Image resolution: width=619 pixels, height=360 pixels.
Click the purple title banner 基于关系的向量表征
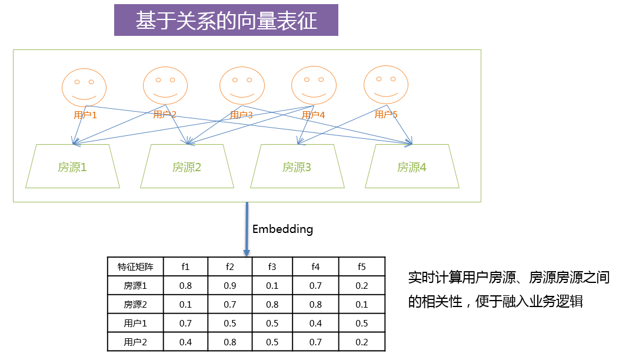pos(226,21)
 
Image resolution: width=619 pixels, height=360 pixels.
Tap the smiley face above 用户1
pos(84,86)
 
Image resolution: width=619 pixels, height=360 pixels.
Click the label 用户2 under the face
pos(165,114)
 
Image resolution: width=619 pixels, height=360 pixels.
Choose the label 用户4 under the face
pos(314,115)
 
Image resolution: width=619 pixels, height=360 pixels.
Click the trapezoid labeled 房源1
pos(72,167)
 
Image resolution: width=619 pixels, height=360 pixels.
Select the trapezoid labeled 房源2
pos(187,167)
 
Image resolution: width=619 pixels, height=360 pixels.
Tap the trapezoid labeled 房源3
pos(297,167)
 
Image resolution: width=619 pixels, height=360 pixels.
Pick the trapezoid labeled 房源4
pos(412,167)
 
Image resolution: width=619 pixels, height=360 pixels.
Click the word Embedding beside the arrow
pos(282,229)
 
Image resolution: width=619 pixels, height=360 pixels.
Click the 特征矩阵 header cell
pos(135,266)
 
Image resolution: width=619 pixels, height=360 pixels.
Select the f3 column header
pos(272,266)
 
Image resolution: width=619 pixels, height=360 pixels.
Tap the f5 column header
pos(362,266)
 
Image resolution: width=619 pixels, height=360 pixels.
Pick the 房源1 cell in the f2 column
pos(230,285)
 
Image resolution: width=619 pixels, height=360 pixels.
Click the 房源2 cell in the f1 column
pos(186,304)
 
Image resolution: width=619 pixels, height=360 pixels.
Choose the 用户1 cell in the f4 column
pos(316,323)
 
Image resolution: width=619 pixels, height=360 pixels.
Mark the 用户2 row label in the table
pos(135,342)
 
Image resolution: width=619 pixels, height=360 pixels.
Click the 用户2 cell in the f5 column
pos(362,342)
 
